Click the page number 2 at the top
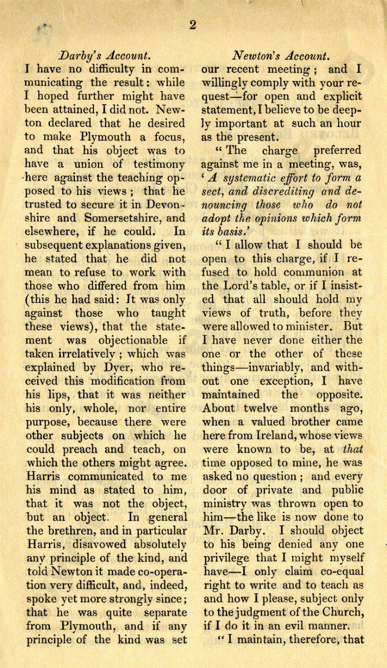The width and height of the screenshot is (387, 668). tap(192, 25)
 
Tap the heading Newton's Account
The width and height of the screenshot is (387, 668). tap(280, 55)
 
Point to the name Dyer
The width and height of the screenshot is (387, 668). tap(121, 368)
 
